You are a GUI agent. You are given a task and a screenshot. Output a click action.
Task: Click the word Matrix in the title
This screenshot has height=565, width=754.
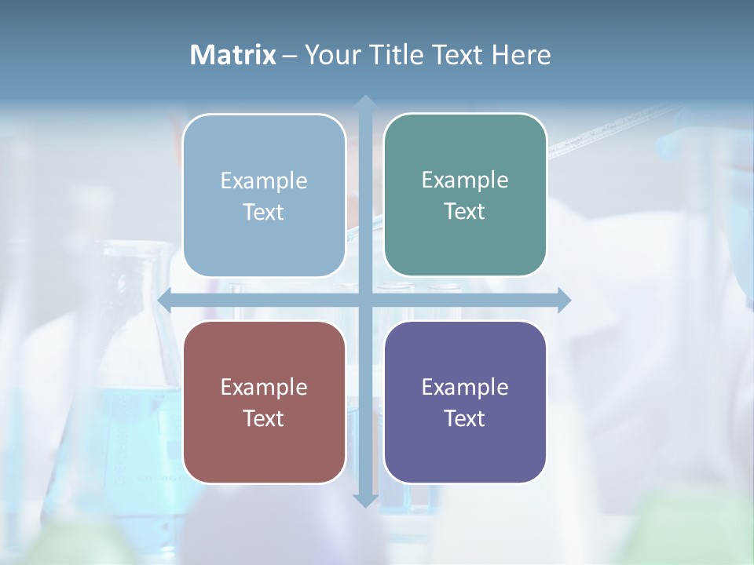point(232,55)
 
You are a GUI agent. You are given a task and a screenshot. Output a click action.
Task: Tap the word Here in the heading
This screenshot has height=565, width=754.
point(522,55)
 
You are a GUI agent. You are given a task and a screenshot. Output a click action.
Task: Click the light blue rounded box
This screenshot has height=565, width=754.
point(264,195)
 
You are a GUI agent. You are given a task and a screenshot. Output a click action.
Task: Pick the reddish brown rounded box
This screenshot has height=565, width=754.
point(264,402)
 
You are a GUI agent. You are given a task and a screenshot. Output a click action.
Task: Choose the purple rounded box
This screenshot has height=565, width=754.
point(465,402)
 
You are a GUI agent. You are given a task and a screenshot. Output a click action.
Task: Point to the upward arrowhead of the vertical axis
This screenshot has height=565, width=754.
point(364,101)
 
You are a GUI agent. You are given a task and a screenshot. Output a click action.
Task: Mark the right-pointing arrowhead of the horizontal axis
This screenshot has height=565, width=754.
point(564,300)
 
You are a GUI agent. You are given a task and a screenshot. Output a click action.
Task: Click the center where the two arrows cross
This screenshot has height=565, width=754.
point(364,300)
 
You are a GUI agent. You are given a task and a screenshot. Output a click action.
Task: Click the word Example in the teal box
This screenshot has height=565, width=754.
point(465,180)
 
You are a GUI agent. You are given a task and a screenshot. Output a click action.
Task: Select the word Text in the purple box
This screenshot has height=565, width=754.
point(465,418)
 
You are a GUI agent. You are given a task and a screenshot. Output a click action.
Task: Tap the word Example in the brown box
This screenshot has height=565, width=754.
point(264,387)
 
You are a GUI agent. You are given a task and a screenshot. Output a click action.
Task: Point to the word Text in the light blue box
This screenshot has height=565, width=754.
point(264,212)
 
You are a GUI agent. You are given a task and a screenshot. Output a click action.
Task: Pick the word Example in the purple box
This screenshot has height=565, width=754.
point(465,387)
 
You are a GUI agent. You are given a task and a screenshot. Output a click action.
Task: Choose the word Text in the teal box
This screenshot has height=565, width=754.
point(465,211)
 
